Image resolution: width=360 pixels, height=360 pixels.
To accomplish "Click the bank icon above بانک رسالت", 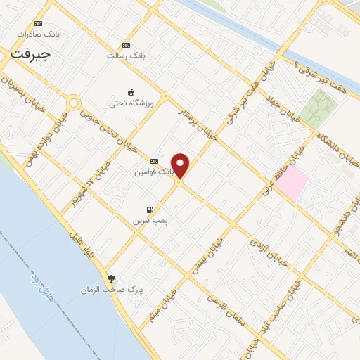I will [126, 44].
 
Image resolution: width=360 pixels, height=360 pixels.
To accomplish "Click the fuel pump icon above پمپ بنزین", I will [150, 210].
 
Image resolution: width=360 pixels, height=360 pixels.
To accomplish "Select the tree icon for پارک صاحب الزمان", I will [110, 278].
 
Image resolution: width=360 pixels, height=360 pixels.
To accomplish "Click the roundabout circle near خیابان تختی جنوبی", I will [73, 103].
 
